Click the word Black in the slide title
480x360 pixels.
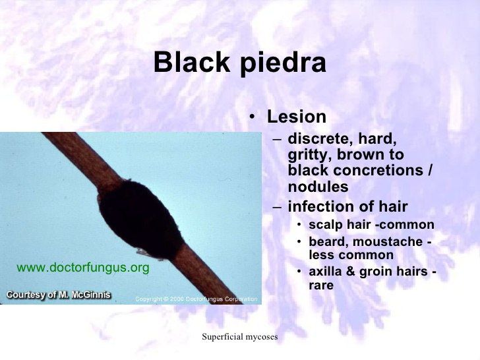191,62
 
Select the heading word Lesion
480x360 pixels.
297,117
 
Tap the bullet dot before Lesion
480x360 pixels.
252,117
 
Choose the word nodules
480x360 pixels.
318,186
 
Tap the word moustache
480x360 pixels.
388,241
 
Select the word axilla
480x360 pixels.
325,271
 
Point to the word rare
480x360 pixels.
321,286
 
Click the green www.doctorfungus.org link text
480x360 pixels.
83,268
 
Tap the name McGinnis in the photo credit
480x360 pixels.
90,295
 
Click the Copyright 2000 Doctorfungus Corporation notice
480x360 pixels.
196,299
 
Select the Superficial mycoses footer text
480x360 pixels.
240,337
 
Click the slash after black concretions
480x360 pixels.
429,170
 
